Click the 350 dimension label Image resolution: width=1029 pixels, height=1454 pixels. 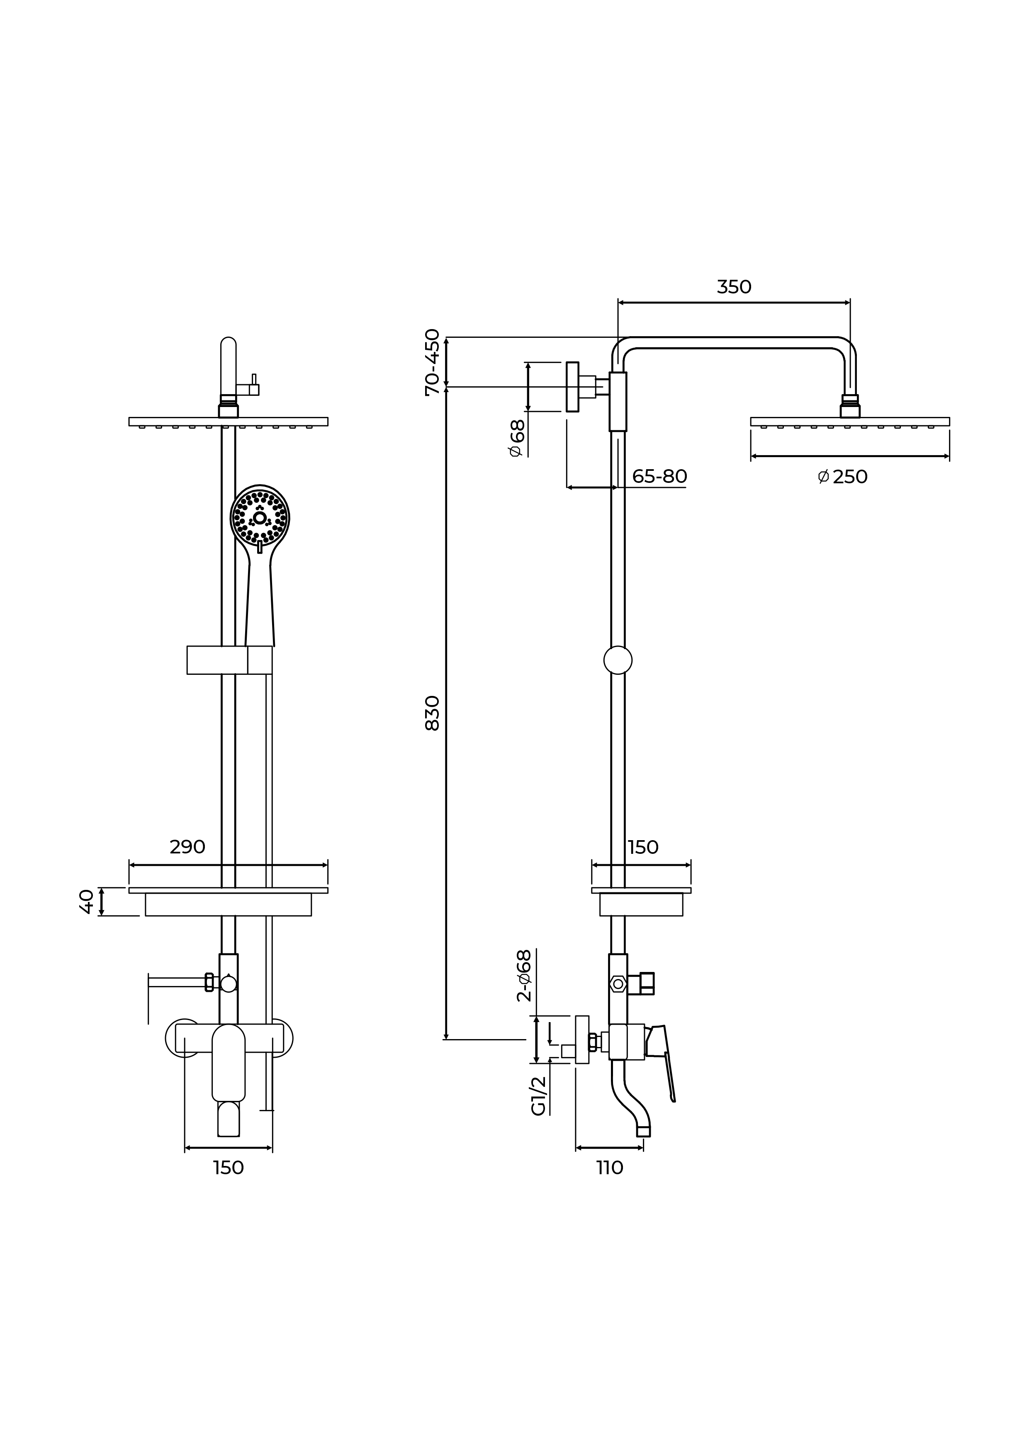click(x=734, y=288)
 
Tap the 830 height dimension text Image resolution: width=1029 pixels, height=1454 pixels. click(x=432, y=713)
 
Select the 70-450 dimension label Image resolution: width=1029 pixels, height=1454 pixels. click(x=432, y=362)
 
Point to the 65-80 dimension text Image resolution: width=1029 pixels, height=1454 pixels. click(x=659, y=476)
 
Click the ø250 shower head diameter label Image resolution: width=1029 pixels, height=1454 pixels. click(x=843, y=477)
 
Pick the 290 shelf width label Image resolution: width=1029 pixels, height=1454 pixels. click(x=187, y=847)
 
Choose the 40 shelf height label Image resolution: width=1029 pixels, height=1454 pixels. click(x=87, y=902)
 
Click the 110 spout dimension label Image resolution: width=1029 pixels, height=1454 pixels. click(x=610, y=1168)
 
